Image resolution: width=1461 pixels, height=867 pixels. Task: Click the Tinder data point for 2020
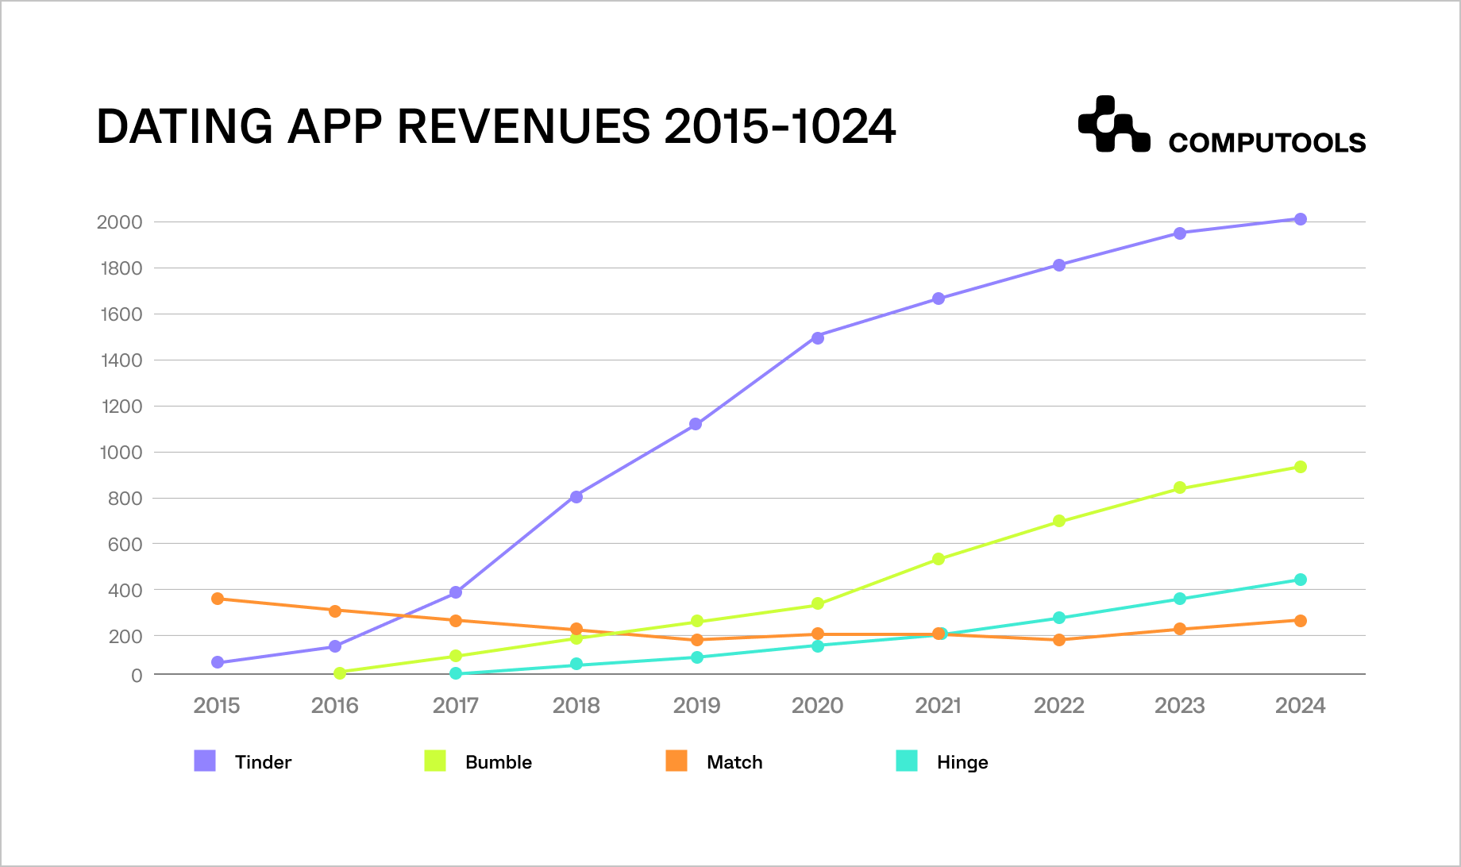coord(818,337)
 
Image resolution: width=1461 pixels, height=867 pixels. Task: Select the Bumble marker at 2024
coord(1301,467)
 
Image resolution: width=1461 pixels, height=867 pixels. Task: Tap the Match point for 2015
coord(218,599)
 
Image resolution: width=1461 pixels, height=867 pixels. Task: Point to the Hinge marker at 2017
coord(456,673)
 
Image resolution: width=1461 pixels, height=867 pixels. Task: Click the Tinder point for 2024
coord(1301,219)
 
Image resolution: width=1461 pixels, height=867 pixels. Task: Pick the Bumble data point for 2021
coord(939,559)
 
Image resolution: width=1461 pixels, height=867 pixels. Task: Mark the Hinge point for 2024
coord(1301,580)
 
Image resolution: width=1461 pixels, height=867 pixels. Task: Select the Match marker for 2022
coord(1059,639)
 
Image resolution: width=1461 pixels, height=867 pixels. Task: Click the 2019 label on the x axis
coord(696,705)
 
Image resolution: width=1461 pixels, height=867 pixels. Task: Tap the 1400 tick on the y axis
coord(121,360)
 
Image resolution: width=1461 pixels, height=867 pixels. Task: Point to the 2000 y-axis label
coord(119,222)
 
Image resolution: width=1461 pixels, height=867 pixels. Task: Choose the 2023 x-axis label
coord(1179,705)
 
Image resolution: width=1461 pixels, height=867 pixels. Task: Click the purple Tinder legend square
coord(205,761)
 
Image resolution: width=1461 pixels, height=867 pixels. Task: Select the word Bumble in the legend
coord(498,762)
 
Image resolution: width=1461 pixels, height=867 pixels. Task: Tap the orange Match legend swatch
coord(677,761)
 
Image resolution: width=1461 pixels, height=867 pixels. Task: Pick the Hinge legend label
coord(962,762)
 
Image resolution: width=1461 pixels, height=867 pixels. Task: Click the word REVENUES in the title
coord(523,127)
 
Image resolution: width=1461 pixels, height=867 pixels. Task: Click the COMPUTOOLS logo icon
coord(1113,125)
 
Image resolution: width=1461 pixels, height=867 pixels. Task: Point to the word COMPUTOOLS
coord(1266,143)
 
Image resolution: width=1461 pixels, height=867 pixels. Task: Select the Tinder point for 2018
coord(576,497)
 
